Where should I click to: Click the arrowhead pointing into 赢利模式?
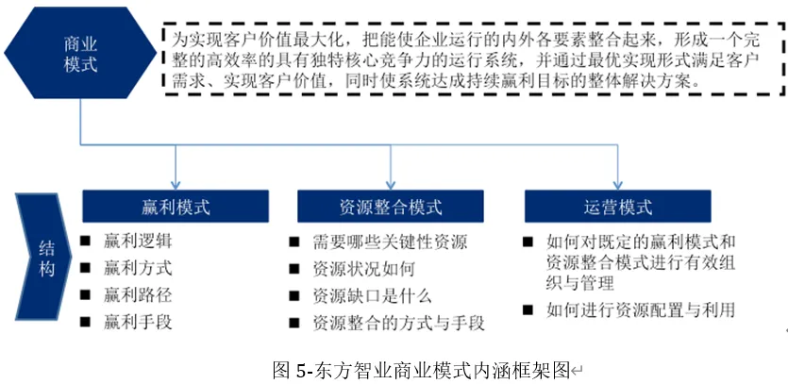click(176, 183)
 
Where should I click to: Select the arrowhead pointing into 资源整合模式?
click(390, 183)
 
